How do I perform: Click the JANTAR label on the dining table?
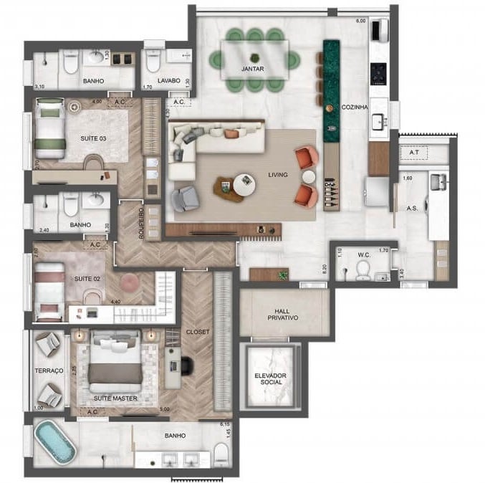pos(255,70)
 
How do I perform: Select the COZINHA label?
pos(355,107)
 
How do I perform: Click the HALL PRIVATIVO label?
pos(284,312)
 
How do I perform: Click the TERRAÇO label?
pos(49,371)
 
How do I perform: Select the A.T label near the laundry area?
pos(413,153)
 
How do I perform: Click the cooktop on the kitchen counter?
pos(380,71)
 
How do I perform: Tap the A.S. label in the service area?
pos(412,209)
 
